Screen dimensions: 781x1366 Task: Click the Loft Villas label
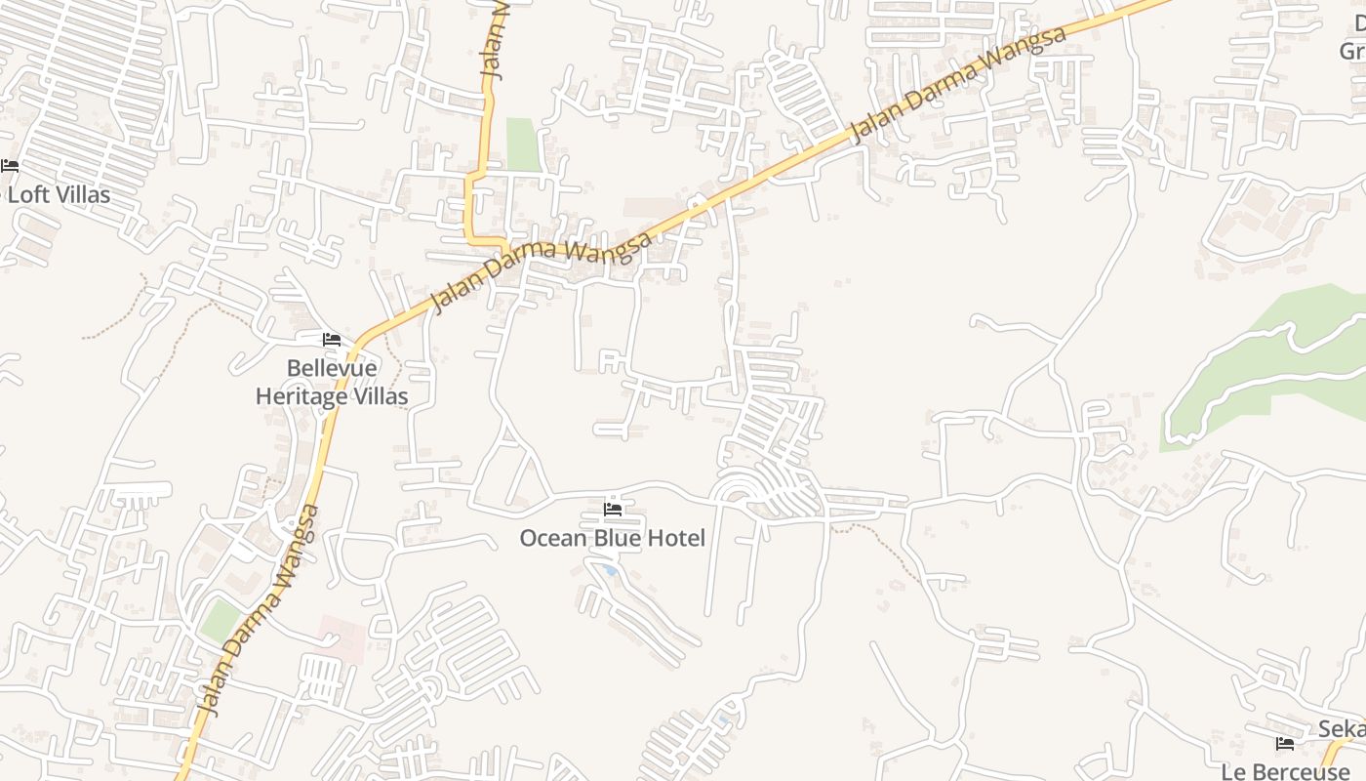point(59,194)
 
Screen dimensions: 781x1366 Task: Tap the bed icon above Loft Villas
point(10,166)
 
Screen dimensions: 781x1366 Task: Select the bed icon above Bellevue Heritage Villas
point(332,340)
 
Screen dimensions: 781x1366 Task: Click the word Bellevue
point(332,369)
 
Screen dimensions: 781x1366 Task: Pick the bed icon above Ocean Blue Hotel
point(613,509)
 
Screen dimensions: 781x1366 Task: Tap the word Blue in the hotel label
point(618,538)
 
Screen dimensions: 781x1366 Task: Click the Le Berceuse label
point(1285,771)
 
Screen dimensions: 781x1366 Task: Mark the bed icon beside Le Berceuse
point(1285,744)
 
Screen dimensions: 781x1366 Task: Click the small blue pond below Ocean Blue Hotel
point(609,568)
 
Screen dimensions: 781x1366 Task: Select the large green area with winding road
point(1268,361)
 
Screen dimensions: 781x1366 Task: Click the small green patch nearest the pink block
point(221,621)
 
